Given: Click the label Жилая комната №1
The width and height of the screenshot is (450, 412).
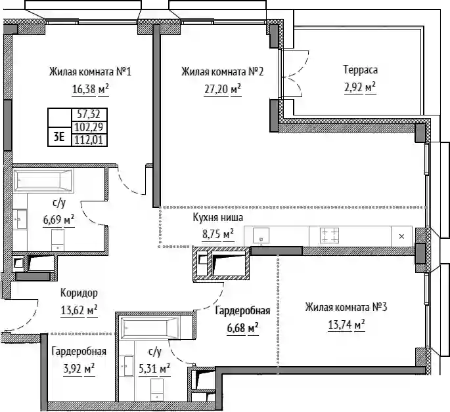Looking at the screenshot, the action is click(x=90, y=72).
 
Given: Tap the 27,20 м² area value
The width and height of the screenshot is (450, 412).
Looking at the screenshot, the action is click(x=223, y=89).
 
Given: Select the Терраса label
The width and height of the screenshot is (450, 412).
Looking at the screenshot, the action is click(x=361, y=70).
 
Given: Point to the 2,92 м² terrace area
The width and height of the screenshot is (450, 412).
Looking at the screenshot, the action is click(x=360, y=87).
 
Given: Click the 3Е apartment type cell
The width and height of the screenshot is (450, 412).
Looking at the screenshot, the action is click(x=59, y=137).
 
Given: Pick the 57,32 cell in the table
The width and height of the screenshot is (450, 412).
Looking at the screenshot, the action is click(x=89, y=115).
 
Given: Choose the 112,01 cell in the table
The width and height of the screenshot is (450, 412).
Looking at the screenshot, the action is click(x=89, y=140).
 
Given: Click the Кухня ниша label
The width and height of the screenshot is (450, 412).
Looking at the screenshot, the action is click(x=218, y=217).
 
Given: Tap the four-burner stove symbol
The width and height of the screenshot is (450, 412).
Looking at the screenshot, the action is click(x=330, y=236).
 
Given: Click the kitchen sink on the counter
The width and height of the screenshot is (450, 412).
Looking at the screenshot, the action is click(x=261, y=236).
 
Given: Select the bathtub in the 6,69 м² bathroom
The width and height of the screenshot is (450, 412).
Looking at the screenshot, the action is click(x=43, y=180).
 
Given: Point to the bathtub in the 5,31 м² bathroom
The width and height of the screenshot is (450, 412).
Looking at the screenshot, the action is click(x=150, y=328).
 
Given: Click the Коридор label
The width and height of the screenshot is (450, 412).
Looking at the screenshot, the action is click(x=79, y=293).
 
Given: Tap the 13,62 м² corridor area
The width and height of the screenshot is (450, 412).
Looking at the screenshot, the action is click(x=79, y=310).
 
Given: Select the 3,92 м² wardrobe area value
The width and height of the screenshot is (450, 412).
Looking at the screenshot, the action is click(x=79, y=369).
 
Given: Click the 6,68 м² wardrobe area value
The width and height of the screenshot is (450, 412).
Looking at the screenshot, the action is click(x=243, y=328).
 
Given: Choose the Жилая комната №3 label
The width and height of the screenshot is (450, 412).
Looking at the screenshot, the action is click(x=346, y=308).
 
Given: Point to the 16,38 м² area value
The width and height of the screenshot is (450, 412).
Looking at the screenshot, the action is click(x=91, y=89).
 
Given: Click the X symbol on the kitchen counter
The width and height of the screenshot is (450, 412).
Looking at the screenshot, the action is click(x=402, y=236).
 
